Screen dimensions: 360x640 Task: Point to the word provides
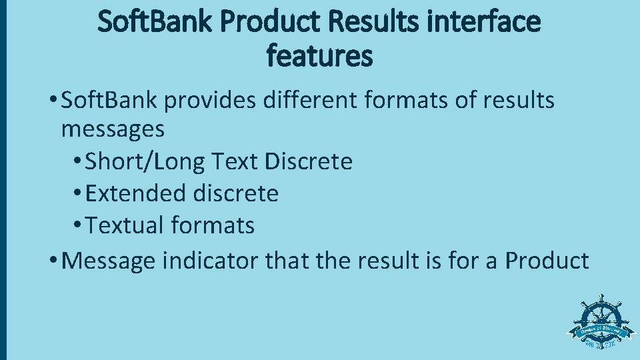(211, 101)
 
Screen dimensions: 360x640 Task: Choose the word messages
(113, 129)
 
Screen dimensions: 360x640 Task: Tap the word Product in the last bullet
(547, 260)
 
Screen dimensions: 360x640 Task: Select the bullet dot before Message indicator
(53, 261)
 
